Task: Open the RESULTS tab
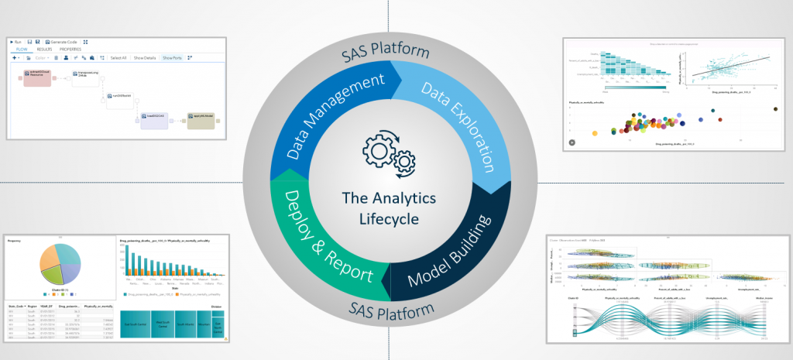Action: (x=44, y=49)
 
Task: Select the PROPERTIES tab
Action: (x=70, y=49)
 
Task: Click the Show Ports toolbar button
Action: (x=173, y=57)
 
